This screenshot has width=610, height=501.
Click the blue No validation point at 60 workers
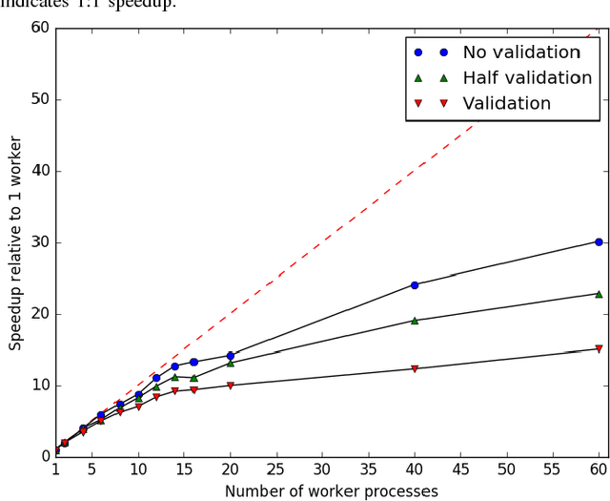coord(599,242)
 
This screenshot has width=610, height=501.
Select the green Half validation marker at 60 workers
coord(599,294)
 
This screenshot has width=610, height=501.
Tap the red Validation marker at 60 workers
coord(599,349)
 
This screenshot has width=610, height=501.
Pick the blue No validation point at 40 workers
coord(415,285)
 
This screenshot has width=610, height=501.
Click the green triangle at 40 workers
coord(415,321)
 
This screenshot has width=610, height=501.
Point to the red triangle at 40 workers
coord(415,369)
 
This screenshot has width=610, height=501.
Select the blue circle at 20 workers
coord(230,356)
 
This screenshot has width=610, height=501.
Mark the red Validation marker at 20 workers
coord(230,386)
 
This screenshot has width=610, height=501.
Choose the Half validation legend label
coord(527,78)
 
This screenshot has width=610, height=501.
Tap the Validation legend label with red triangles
coord(506,103)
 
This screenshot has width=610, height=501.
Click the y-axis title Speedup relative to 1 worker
coord(15,242)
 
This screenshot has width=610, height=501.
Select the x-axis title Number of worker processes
coord(331,491)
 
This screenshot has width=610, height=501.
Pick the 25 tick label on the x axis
coord(276,470)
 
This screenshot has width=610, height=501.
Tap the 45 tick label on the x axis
coord(460,470)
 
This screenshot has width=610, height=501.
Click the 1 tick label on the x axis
coord(55,470)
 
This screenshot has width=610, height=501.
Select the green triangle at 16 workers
coord(193,379)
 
